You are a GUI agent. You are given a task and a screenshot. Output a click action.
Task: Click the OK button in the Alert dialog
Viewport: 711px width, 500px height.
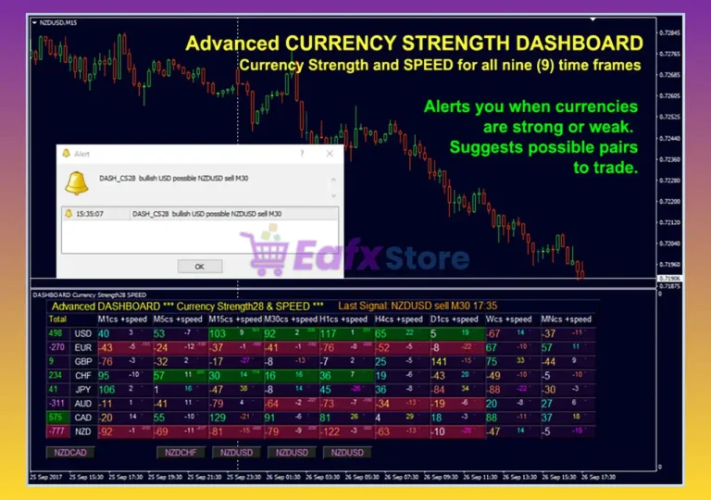click(x=199, y=266)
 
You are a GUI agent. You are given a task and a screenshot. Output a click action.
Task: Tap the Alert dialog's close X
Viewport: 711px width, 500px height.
click(x=331, y=155)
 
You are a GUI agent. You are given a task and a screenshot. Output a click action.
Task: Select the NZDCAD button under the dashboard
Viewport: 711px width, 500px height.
click(x=70, y=453)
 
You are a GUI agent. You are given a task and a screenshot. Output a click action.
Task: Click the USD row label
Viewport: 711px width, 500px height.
click(x=83, y=333)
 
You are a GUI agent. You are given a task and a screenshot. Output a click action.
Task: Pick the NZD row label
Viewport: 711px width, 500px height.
click(x=83, y=431)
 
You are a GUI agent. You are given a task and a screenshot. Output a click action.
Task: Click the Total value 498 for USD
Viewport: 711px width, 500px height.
click(x=56, y=333)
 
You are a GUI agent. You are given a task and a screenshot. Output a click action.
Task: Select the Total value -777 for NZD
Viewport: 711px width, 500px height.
click(x=56, y=431)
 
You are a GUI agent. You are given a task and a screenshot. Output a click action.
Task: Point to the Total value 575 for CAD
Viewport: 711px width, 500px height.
click(x=56, y=417)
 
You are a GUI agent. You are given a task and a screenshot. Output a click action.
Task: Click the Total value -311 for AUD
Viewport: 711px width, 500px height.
click(x=56, y=403)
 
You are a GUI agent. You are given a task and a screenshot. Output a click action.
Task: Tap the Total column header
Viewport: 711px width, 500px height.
click(x=57, y=319)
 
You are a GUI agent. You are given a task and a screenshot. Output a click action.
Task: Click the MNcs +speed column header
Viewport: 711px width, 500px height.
click(x=567, y=319)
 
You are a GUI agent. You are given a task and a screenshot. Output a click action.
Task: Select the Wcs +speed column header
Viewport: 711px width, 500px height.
click(x=508, y=319)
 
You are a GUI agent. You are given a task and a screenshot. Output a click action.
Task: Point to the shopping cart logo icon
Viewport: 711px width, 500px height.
click(x=265, y=253)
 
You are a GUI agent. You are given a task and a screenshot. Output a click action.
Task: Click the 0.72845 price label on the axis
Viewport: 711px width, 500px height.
click(x=667, y=33)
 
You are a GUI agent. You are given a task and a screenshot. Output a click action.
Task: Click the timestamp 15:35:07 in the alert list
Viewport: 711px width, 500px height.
click(x=91, y=214)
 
